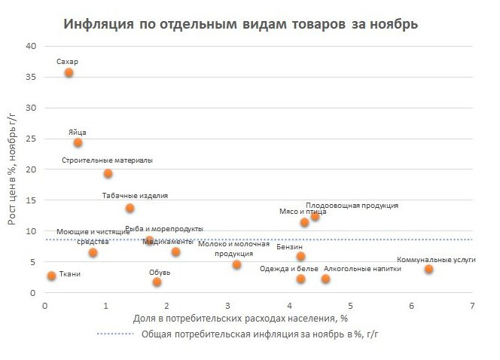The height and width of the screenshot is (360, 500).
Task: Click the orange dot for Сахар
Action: point(69,72)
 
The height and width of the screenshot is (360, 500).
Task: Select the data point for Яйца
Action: point(78,142)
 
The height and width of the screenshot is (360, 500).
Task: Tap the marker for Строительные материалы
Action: point(108,173)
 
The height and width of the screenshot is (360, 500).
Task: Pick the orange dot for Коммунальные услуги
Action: point(428,269)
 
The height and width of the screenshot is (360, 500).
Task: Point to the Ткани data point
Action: point(51,276)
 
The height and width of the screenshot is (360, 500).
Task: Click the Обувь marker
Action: point(157,282)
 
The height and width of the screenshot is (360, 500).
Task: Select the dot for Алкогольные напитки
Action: point(325,279)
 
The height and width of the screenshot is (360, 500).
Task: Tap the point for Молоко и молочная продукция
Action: point(236,264)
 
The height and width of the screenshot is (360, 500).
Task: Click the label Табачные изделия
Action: point(135,196)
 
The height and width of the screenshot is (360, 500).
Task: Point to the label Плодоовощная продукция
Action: point(352,205)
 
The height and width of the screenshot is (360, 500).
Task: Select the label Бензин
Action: point(290,246)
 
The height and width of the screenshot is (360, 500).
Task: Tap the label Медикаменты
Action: point(167,241)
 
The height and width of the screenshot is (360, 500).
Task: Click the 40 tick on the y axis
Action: point(31,46)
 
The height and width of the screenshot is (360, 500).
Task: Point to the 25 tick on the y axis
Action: point(31,139)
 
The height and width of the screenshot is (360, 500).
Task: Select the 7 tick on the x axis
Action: point(472,306)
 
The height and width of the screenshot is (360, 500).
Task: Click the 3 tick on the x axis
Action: point(228,306)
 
